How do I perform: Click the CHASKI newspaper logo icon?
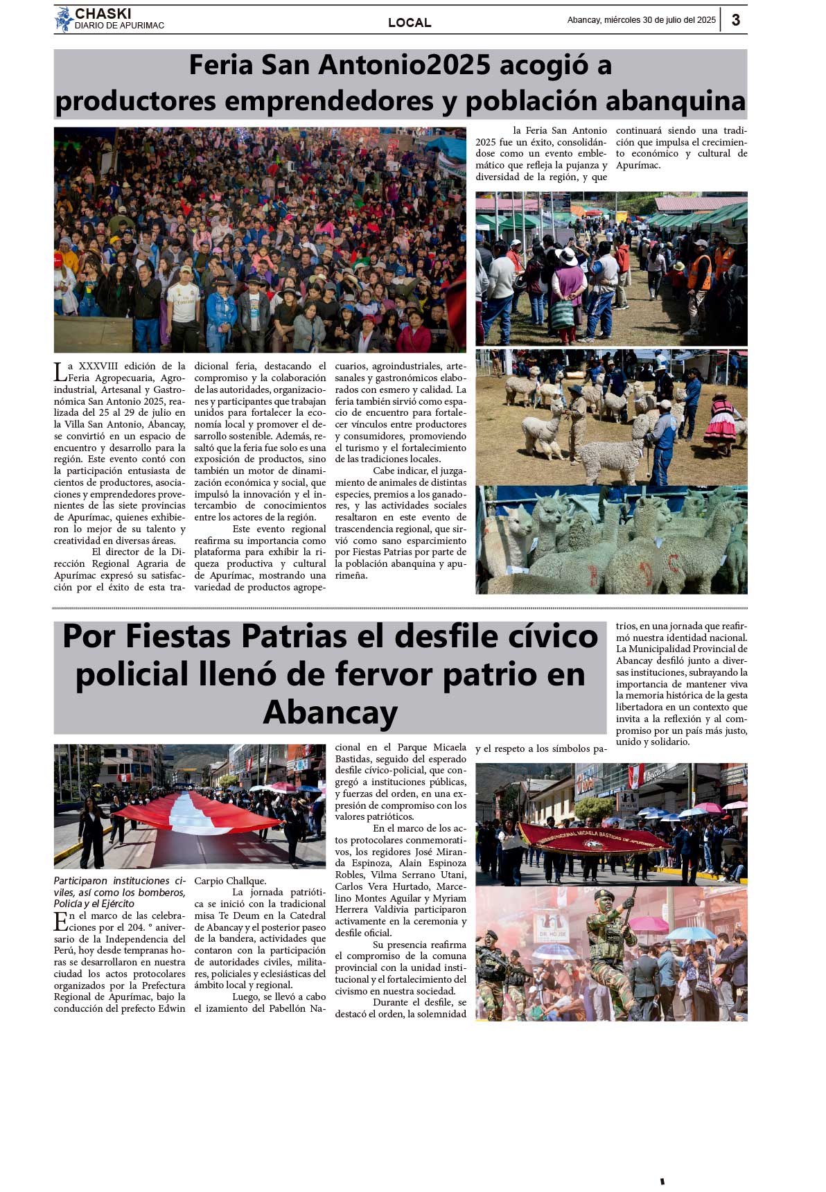64,19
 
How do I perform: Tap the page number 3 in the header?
736,20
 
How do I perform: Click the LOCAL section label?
410,23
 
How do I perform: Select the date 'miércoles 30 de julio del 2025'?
660,20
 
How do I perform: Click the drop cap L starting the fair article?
60,372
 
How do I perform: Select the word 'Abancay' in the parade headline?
331,712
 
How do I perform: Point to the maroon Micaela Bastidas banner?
592,839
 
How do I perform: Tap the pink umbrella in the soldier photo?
649,924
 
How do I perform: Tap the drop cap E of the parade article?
60,921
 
